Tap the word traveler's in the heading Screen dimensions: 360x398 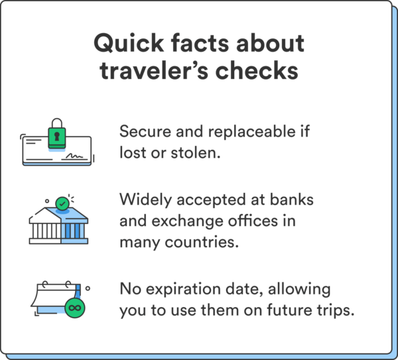coord(155,70)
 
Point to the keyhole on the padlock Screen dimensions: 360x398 coord(58,135)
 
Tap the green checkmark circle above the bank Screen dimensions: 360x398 coord(64,203)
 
